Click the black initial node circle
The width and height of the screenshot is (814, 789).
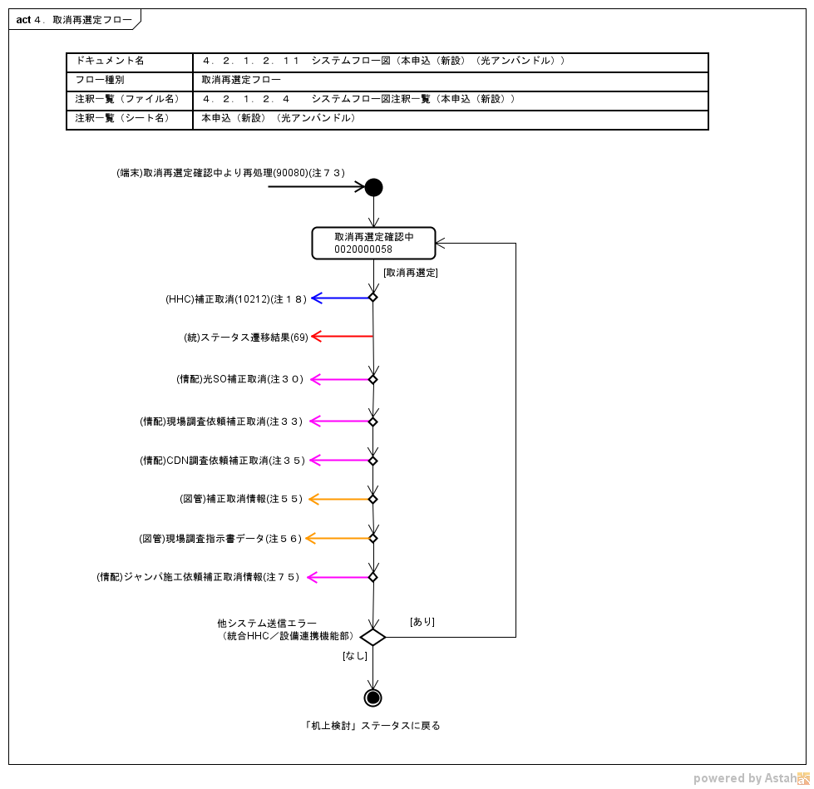pos(373,187)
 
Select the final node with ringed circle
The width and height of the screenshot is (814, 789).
pos(372,698)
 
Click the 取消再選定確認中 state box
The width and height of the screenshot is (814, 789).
pos(373,243)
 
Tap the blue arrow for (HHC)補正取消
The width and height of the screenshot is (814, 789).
pos(341,298)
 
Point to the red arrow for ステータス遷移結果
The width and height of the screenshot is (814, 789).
pos(341,337)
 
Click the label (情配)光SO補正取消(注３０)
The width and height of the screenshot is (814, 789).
pos(240,379)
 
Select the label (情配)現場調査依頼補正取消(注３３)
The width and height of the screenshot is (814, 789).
pos(222,422)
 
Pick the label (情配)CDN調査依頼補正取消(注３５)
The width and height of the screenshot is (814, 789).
pos(223,461)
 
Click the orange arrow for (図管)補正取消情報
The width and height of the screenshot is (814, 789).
pos(339,500)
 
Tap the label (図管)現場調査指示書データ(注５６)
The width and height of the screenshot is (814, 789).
pos(220,539)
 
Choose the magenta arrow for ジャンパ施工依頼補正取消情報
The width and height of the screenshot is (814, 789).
pos(339,577)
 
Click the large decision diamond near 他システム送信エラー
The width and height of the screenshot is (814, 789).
pos(372,638)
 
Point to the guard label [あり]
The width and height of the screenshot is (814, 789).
pos(422,622)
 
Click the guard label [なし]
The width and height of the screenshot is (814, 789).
pos(355,656)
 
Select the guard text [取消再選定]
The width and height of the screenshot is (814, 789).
pos(411,273)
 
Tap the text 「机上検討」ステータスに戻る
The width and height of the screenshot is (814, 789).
pos(372,726)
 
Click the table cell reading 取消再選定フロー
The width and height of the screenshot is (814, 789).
pos(241,81)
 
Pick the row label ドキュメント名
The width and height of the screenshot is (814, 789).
pos(110,62)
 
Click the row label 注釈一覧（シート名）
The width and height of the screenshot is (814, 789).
pos(122,119)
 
